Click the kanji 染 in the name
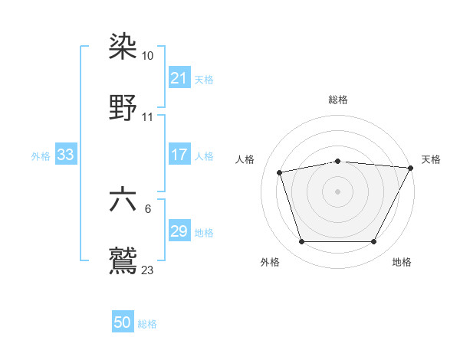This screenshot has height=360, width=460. [x=123, y=47]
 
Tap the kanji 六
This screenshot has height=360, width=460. [x=123, y=199]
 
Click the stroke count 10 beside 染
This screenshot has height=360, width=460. [x=148, y=57]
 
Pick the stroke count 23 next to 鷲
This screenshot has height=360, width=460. [x=148, y=270]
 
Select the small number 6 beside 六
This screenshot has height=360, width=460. [x=147, y=209]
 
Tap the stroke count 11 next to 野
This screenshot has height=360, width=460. [x=148, y=117]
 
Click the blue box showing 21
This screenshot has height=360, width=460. [x=179, y=78]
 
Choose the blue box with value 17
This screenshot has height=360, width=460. [x=179, y=155]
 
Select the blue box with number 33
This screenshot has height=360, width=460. [x=66, y=155]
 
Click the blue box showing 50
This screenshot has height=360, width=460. [x=123, y=322]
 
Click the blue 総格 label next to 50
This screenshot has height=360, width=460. [x=147, y=324]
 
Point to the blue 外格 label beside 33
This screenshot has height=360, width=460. [x=41, y=156]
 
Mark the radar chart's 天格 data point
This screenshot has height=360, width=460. [x=411, y=168]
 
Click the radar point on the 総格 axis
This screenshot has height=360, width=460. [x=338, y=161]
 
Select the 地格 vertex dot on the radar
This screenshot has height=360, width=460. [x=373, y=242]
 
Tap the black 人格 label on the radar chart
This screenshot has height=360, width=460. [x=245, y=160]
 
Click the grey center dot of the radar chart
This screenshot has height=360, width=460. [x=338, y=191]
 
